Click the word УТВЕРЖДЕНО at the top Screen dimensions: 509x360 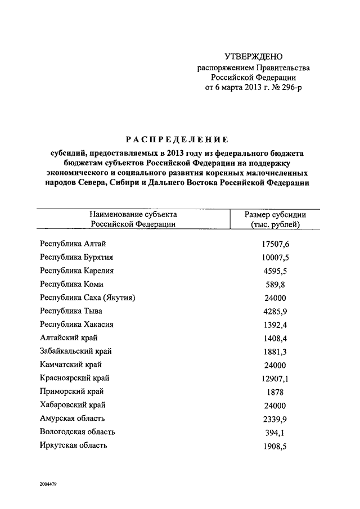pyautogui.click(x=253, y=57)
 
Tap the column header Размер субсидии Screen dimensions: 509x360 pyautogui.click(x=275, y=214)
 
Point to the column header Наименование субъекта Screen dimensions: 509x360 pyautogui.click(x=133, y=214)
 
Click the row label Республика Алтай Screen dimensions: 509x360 pyautogui.click(x=73, y=244)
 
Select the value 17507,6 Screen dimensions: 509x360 pyautogui.click(x=275, y=244)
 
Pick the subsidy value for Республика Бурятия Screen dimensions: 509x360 pyautogui.click(x=275, y=258)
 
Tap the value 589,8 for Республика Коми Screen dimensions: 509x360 pyautogui.click(x=275, y=285)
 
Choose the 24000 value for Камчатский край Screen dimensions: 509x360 pyautogui.click(x=275, y=365)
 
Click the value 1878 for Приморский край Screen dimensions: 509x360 pyautogui.click(x=275, y=392)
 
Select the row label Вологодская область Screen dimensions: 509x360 pyautogui.click(x=78, y=432)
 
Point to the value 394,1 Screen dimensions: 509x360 pyautogui.click(x=275, y=433)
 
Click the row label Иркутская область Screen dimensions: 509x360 pyautogui.click(x=74, y=445)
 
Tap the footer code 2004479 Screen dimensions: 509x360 pyautogui.click(x=51, y=484)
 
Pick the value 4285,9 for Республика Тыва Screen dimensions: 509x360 pyautogui.click(x=275, y=311)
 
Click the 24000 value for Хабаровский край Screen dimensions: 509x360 pyautogui.click(x=275, y=406)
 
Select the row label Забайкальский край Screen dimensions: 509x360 pyautogui.click(x=76, y=351)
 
